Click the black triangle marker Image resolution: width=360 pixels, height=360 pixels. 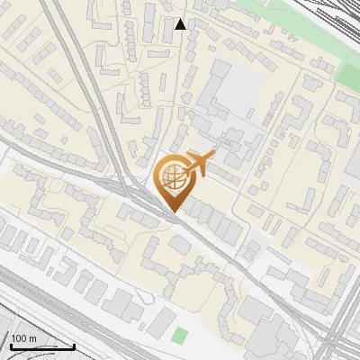(x=181, y=24)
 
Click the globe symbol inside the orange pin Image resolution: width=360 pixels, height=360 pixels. (x=171, y=178)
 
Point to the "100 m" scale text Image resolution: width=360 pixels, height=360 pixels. (x=23, y=338)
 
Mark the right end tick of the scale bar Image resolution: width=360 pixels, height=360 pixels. (x=74, y=346)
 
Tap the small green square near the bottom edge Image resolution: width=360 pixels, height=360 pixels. (x=180, y=336)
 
